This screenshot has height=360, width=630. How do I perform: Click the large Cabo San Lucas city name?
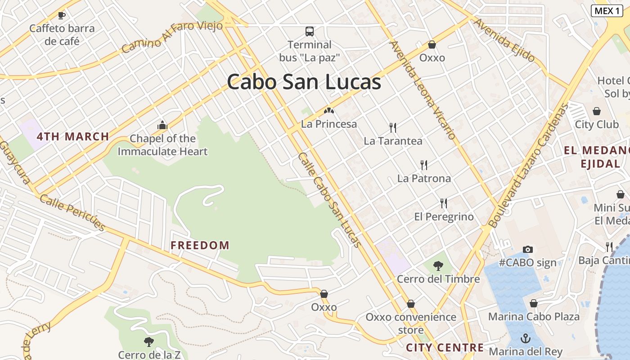(304, 82)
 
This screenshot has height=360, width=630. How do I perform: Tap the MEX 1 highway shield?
(607, 11)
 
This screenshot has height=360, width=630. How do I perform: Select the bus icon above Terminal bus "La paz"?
(310, 31)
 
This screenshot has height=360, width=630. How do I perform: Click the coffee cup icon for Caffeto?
(62, 15)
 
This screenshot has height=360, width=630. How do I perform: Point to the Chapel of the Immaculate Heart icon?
(162, 126)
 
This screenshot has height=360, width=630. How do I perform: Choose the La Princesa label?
(329, 124)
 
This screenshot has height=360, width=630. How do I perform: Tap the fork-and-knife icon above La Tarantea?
(393, 128)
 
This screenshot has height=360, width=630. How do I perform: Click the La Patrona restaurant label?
(424, 179)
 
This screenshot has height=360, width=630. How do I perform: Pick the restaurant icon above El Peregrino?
(444, 203)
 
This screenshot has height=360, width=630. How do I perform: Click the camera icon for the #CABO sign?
(528, 249)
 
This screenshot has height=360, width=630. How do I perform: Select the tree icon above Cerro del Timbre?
(438, 266)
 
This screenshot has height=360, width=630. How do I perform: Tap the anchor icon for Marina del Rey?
(526, 338)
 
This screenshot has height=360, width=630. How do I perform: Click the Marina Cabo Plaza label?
(534, 317)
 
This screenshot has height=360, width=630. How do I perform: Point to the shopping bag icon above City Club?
(597, 111)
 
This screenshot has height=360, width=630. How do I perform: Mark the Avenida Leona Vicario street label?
(423, 90)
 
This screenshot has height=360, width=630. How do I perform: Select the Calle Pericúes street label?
(72, 212)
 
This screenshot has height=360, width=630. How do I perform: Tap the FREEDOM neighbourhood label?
(200, 246)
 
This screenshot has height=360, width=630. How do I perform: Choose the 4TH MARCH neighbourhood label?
(73, 136)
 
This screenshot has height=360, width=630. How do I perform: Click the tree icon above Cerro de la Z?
(149, 342)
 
